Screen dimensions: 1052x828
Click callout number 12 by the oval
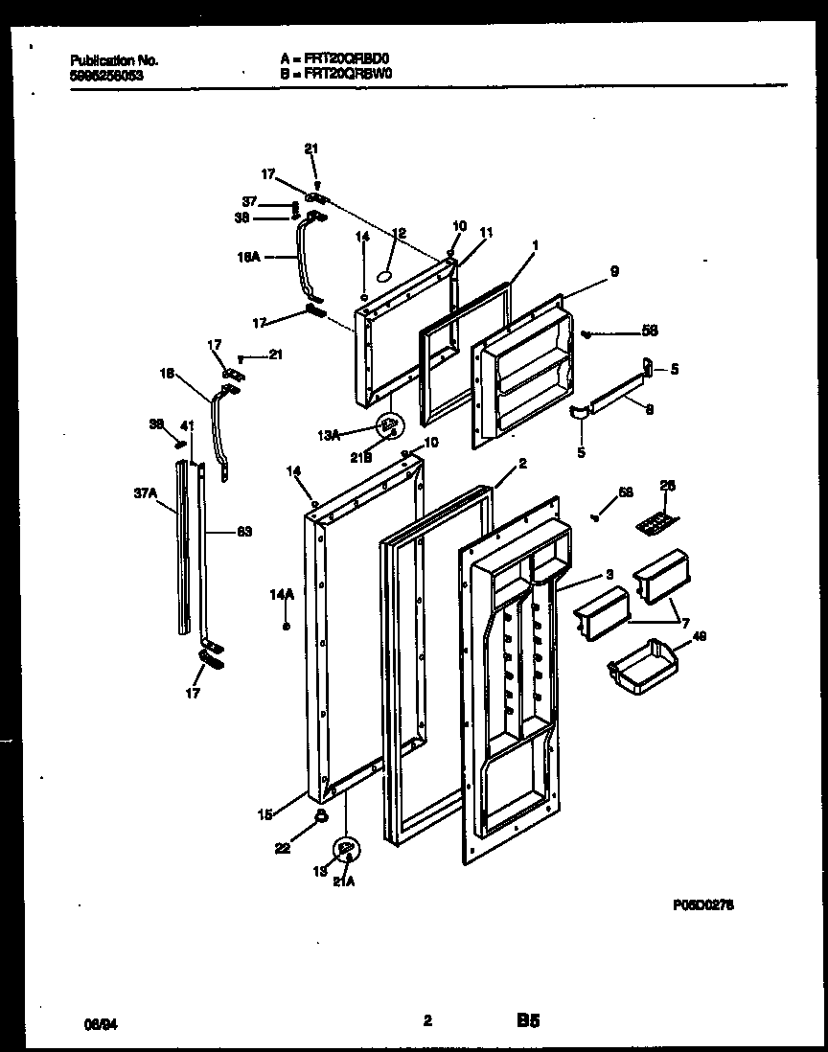[400, 233]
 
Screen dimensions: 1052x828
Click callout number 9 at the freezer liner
[613, 272]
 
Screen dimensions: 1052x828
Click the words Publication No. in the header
[114, 59]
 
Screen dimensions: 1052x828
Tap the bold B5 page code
[526, 1022]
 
